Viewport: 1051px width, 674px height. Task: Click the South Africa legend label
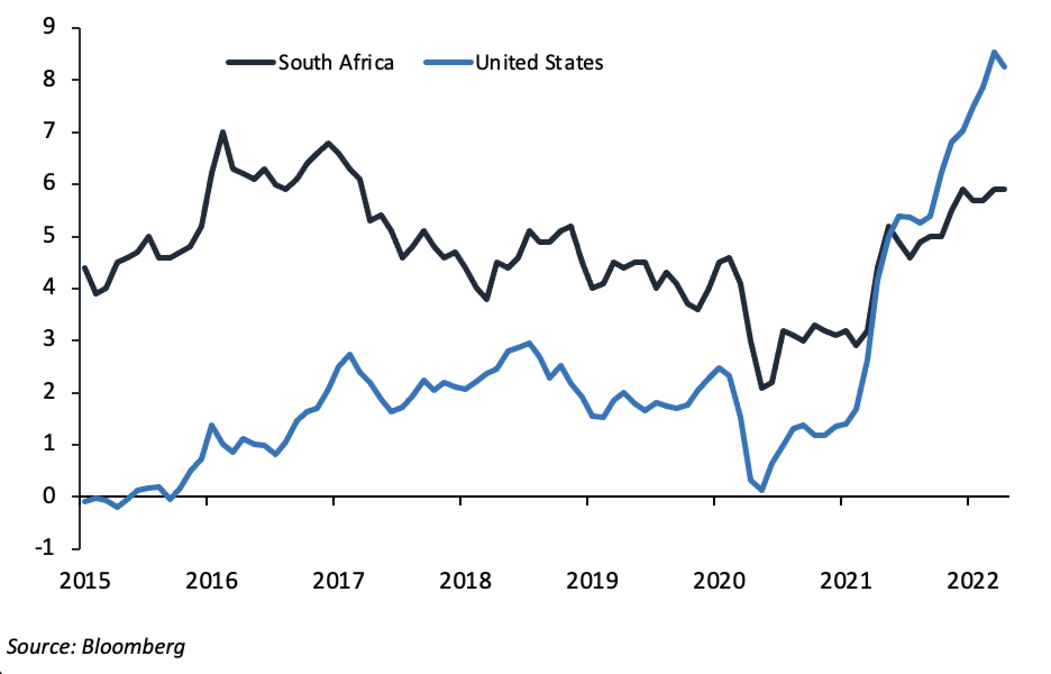[336, 62]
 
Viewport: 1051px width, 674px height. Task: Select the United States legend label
[539, 62]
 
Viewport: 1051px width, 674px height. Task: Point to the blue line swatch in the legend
[449, 62]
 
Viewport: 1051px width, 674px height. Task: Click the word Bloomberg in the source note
[133, 646]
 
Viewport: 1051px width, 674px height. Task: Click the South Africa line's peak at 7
[223, 133]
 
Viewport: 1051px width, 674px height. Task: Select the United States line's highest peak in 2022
[994, 52]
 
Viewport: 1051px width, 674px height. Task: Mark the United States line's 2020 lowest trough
[762, 490]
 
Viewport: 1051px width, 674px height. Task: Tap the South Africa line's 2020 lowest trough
[762, 388]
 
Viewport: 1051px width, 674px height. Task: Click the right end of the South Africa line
[1005, 189]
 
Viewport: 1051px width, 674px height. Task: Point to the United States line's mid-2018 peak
[529, 343]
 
